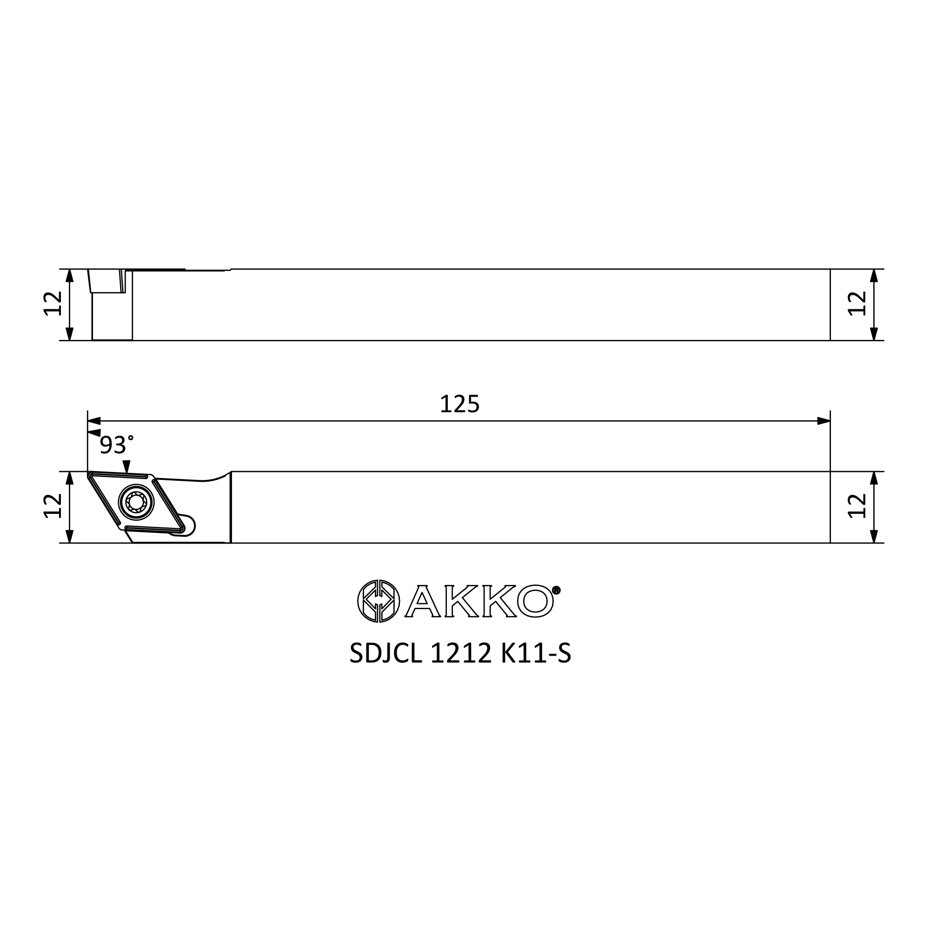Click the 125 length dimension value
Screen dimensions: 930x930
point(460,405)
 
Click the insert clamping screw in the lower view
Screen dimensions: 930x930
point(136,503)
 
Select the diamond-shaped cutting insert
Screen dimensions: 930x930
point(136,503)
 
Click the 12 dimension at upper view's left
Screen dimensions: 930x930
point(53,304)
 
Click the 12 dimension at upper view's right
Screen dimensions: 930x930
point(857,304)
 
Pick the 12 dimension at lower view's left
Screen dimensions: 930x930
point(53,506)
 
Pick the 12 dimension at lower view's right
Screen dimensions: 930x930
point(857,506)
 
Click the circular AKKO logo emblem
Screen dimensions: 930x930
point(379,601)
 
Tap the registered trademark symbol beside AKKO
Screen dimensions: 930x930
point(556,590)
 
